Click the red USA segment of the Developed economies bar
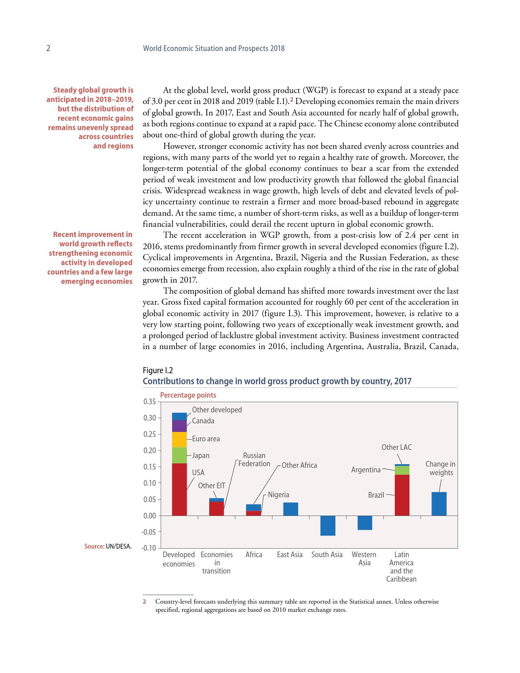click(x=179, y=489)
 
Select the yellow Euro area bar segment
click(x=179, y=439)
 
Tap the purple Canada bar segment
click(x=179, y=426)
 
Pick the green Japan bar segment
click(x=179, y=455)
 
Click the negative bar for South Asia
click(x=327, y=525)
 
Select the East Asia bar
click(x=290, y=509)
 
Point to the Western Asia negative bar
click(x=365, y=522)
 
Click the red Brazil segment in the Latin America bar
click(x=402, y=495)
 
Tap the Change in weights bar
click(x=439, y=504)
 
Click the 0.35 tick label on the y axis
click(x=150, y=402)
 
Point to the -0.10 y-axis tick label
click(x=148, y=548)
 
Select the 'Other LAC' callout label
click(x=396, y=447)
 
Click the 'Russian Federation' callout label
click(x=254, y=460)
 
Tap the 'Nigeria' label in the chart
click(x=279, y=495)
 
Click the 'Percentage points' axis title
click(x=188, y=395)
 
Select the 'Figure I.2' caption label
click(x=158, y=370)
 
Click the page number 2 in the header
click(x=48, y=48)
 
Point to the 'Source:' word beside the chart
click(x=94, y=546)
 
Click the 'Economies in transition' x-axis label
click(x=217, y=562)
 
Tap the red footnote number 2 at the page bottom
click(x=144, y=602)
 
